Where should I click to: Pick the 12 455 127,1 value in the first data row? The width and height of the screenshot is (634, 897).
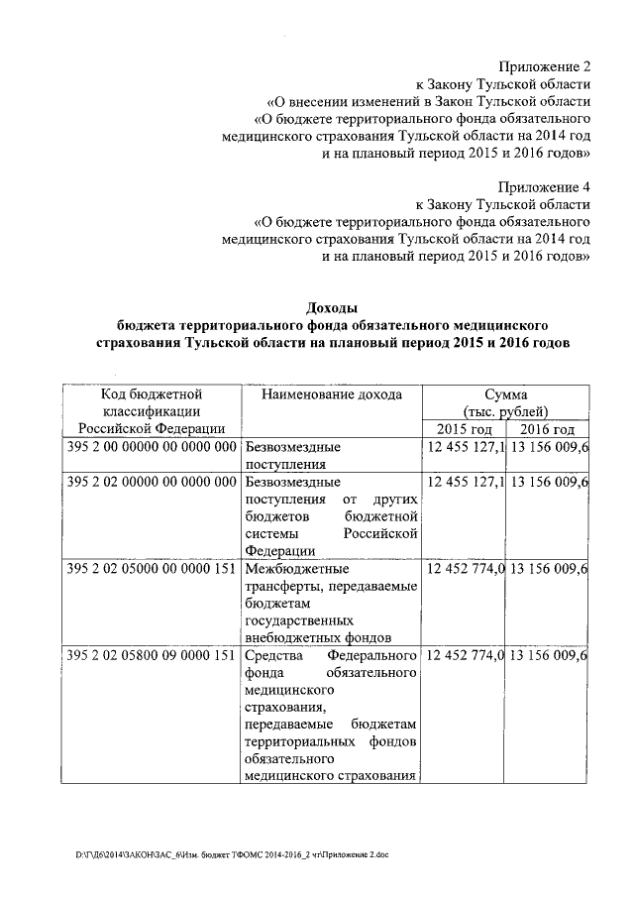point(465,447)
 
